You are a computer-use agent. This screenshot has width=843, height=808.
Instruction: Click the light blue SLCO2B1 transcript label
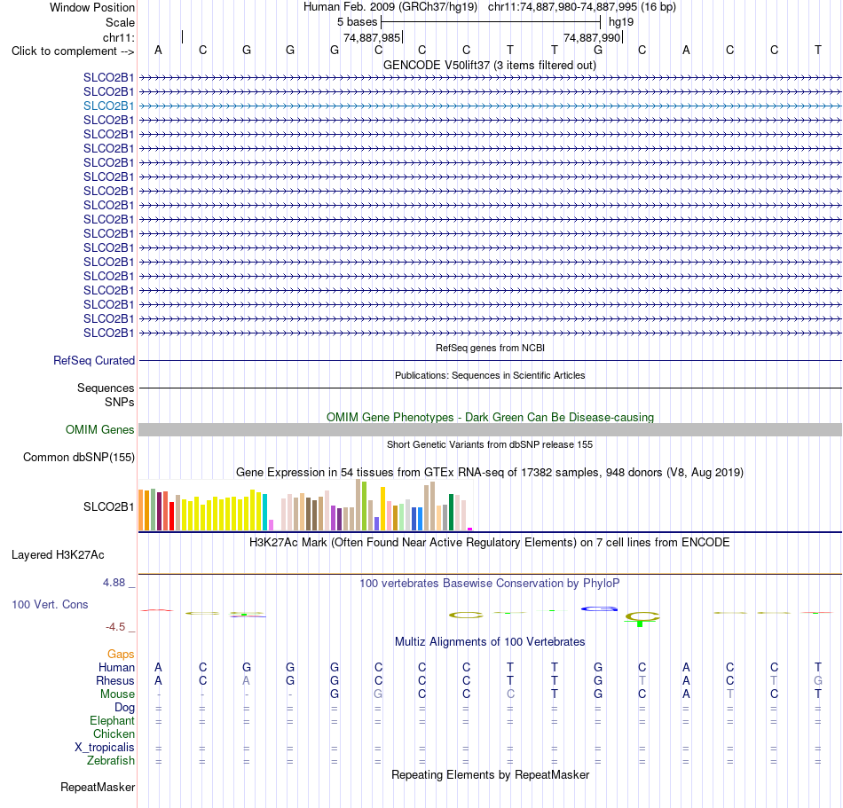[108, 106]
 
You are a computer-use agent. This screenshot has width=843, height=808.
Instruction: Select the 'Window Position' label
[92, 7]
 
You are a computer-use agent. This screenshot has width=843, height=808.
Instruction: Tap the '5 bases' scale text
[357, 22]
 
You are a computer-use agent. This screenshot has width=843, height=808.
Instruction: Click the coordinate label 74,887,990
[592, 37]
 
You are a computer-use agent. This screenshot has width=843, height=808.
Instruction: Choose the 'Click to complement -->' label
[73, 51]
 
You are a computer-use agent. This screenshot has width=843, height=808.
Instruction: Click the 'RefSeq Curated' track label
[94, 360]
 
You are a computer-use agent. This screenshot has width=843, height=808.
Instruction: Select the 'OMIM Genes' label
[100, 430]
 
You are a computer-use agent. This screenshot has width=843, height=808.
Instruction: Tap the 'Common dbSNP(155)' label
[79, 457]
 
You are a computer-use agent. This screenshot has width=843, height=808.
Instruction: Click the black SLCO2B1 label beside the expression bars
[108, 506]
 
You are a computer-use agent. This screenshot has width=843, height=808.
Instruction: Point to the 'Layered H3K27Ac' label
[58, 555]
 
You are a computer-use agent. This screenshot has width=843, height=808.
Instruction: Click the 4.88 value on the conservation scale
[114, 583]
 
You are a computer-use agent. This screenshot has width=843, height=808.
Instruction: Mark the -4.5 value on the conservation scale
[115, 627]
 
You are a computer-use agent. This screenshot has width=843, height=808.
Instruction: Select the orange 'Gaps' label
[121, 654]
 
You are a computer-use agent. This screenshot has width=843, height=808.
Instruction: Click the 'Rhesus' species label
[115, 680]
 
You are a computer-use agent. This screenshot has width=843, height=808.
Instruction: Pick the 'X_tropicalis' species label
[105, 748]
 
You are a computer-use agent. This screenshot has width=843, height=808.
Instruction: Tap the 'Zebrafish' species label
[111, 761]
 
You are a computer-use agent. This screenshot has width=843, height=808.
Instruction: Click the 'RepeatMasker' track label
[98, 787]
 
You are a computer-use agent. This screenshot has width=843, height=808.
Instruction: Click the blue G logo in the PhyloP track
[599, 608]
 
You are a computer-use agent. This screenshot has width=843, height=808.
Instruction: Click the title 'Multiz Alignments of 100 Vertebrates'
[490, 641]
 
